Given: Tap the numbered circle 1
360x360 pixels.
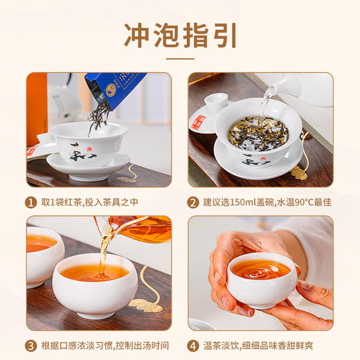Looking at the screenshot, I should pos(32,202).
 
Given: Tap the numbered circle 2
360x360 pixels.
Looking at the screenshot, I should pos(194,202).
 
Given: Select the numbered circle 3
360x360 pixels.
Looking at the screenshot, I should pos(32,345).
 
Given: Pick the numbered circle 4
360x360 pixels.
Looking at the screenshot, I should pos(194,345).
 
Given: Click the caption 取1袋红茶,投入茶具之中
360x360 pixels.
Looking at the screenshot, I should pos(96,202).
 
